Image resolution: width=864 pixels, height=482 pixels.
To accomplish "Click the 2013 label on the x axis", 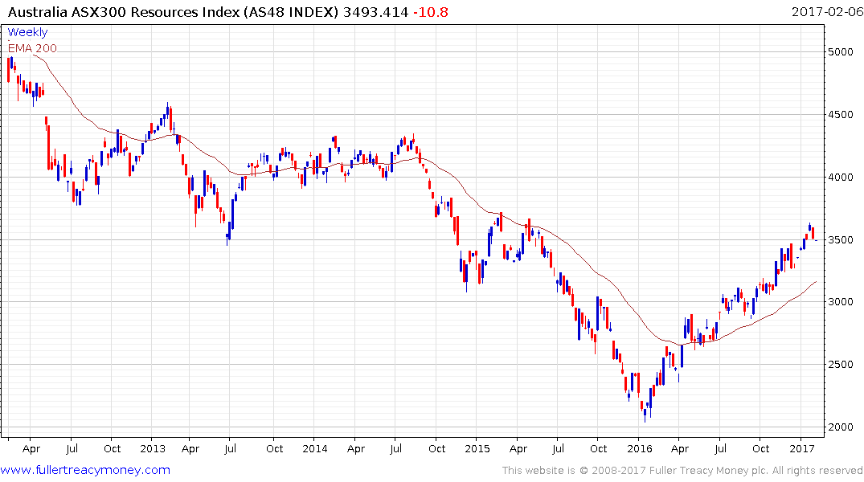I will (x=152, y=448).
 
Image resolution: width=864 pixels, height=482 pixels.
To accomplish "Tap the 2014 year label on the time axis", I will (x=314, y=448).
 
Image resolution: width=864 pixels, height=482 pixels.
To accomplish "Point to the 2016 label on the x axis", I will (x=639, y=448).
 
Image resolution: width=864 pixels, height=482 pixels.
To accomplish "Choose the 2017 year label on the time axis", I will (x=801, y=448).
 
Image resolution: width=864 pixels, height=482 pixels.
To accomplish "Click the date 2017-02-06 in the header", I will (x=825, y=11).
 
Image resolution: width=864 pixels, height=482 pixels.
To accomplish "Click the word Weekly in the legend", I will (x=27, y=33).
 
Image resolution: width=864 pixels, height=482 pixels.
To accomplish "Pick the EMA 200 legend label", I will (x=32, y=48).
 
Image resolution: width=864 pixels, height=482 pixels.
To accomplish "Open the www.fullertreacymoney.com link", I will (x=87, y=470).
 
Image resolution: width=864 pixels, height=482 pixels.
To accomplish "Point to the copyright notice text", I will (x=682, y=471).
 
